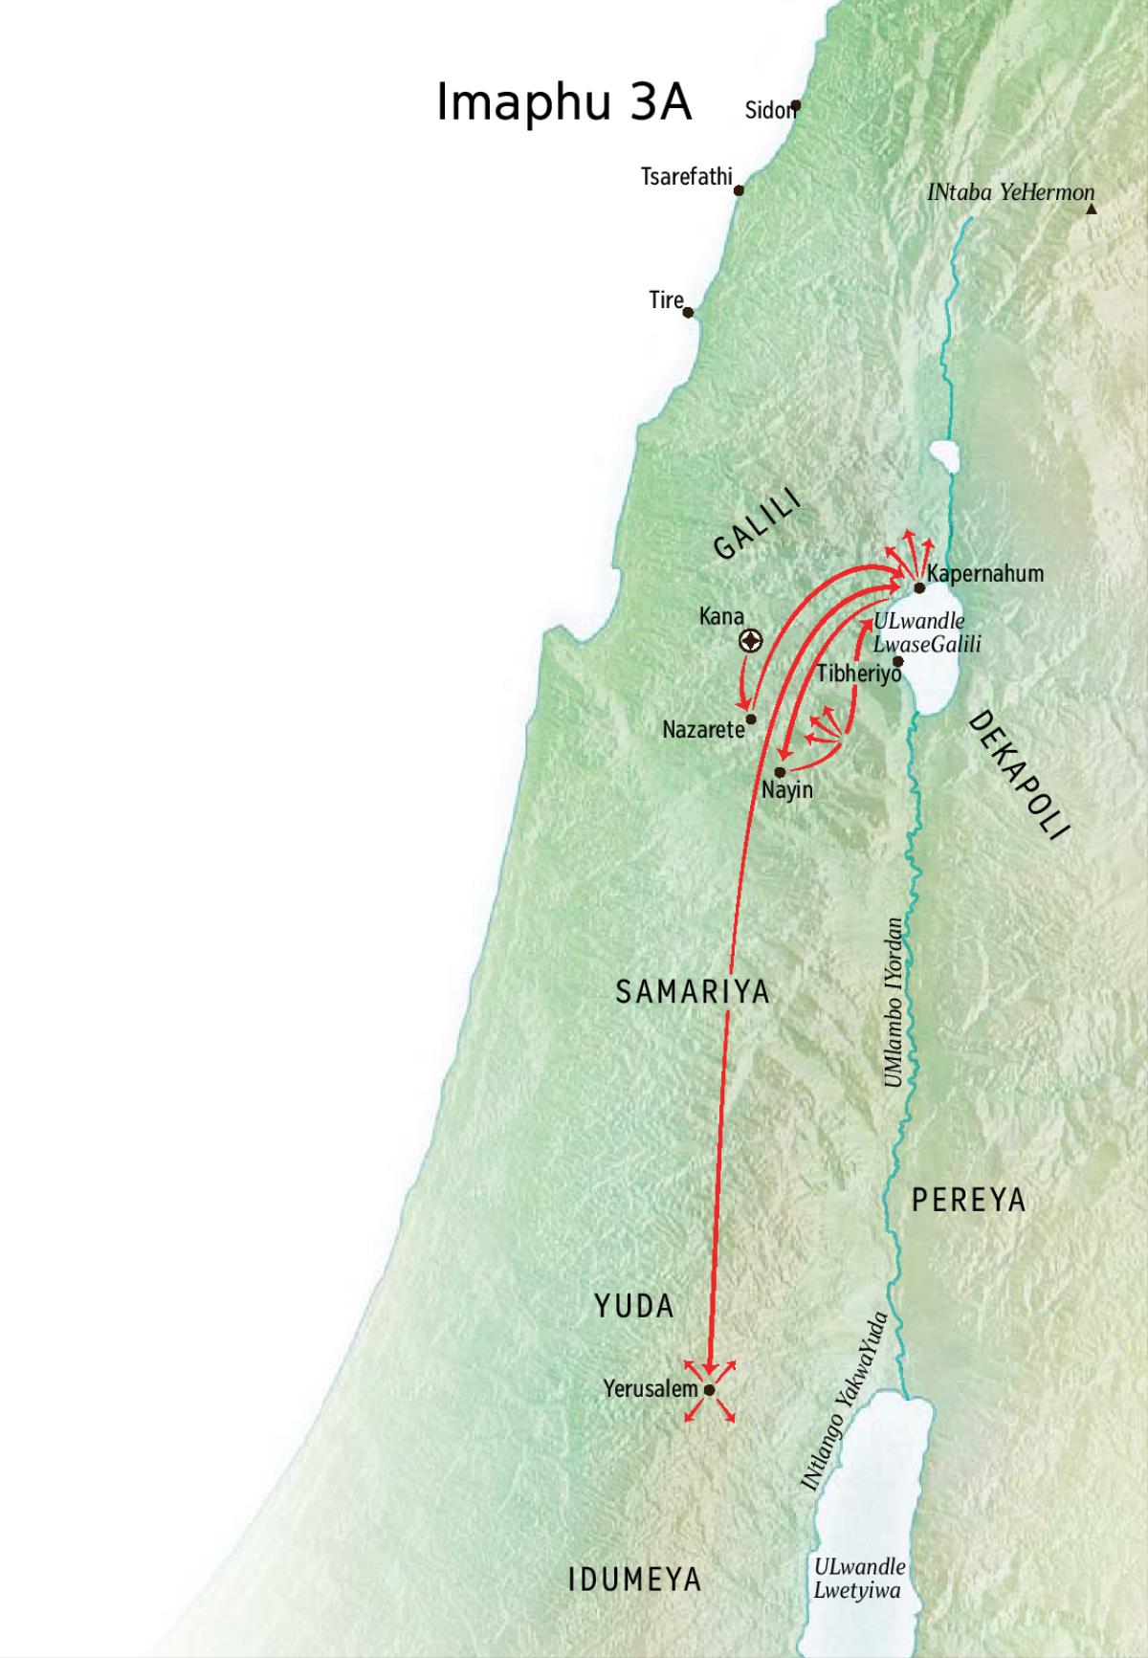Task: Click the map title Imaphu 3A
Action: [x=563, y=101]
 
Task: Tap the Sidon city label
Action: [x=769, y=110]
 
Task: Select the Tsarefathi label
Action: [x=686, y=177]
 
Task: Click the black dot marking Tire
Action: [x=688, y=312]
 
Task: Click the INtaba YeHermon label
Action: [x=1010, y=192]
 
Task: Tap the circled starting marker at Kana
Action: [x=751, y=641]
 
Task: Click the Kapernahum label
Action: [x=984, y=574]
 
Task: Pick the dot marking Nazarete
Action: [x=751, y=718]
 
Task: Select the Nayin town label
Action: [x=787, y=790]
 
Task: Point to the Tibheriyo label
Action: [x=858, y=674]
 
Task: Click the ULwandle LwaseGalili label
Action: [x=926, y=632]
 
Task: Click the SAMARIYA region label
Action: [x=693, y=991]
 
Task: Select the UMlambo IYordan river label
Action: [x=894, y=1002]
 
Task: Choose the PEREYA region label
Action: [x=968, y=1200]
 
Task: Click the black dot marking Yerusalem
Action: [x=709, y=1390]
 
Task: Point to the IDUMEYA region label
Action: [x=635, y=1580]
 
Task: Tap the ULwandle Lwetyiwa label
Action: [x=858, y=1579]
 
